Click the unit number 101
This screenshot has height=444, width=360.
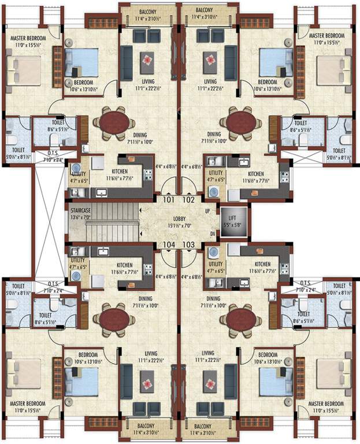click(168, 200)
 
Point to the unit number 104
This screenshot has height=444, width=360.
click(168, 245)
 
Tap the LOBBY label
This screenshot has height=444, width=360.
click(179, 219)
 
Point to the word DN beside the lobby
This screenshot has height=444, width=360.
click(212, 234)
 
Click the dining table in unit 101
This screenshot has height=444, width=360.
click(116, 122)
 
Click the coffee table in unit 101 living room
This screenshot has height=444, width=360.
click(147, 58)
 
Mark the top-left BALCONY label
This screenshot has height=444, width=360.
click(148, 12)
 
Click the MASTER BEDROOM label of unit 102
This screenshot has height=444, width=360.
click(326, 36)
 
